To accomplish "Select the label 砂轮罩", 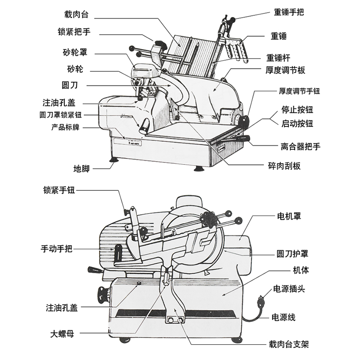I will pyautogui.click(x=75, y=52).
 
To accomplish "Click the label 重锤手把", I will pyautogui.click(x=289, y=12).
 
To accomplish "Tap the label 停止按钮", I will pyautogui.click(x=297, y=109).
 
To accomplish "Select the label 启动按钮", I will pyautogui.click(x=297, y=123).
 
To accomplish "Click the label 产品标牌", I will pyautogui.click(x=65, y=127).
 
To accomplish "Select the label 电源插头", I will pyautogui.click(x=289, y=289).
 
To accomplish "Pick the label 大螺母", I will pyautogui.click(x=62, y=334).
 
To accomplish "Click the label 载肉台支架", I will pyautogui.click(x=289, y=344).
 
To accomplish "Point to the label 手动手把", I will pyautogui.click(x=57, y=248).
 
